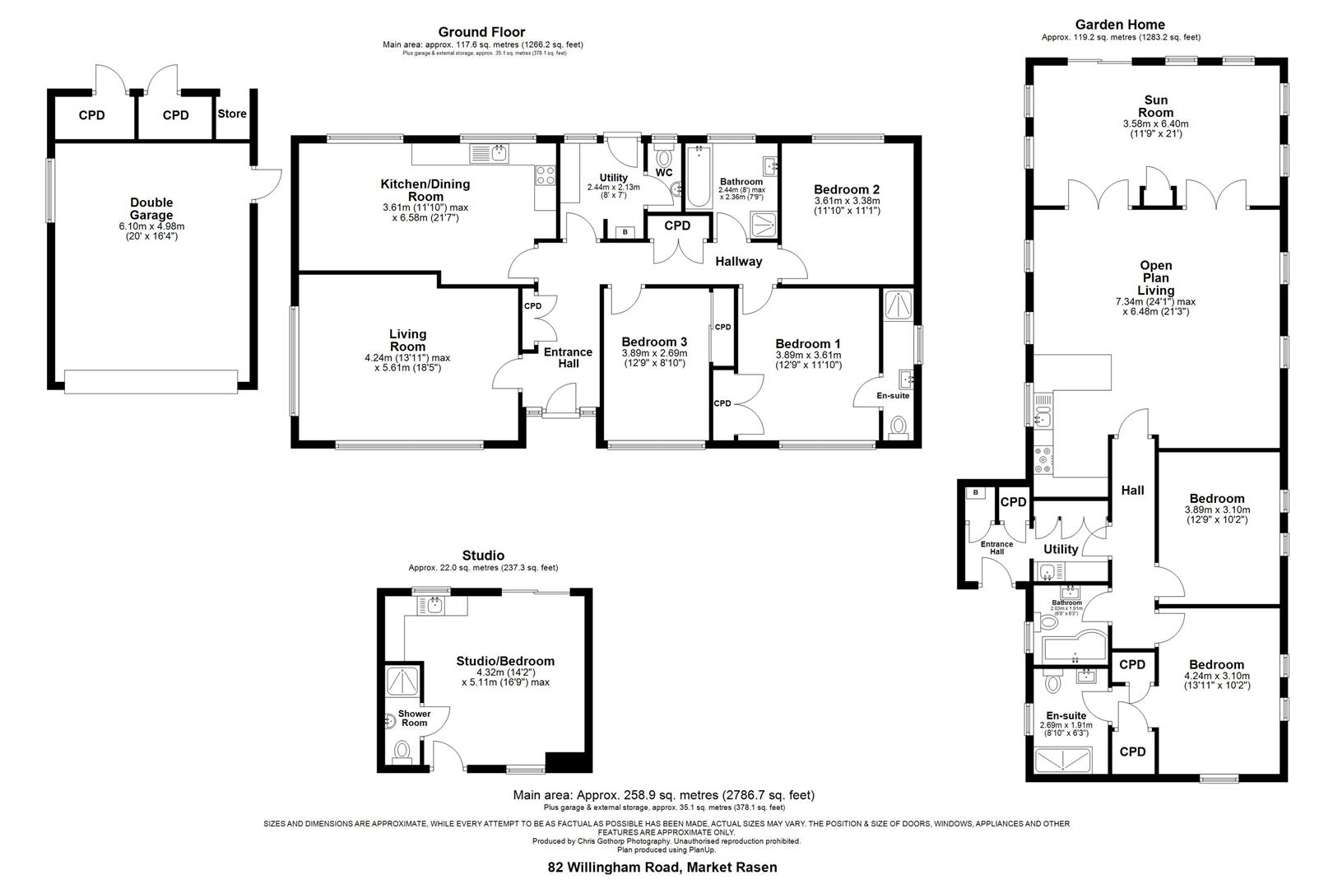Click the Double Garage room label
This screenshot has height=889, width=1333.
tap(151, 209)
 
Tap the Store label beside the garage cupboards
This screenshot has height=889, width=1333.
tap(232, 114)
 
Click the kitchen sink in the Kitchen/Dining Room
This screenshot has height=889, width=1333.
tap(490, 152)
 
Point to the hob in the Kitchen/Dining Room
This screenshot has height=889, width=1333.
tap(546, 175)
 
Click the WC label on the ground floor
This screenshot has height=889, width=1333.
tap(664, 173)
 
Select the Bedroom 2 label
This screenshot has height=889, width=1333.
tap(847, 189)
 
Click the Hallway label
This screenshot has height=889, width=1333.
tap(738, 262)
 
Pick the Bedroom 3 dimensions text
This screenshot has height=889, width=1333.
tap(654, 358)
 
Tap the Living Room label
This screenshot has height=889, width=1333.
tap(407, 340)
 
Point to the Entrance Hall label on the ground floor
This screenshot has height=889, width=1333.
tap(568, 357)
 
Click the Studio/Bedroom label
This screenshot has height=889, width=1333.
tap(505, 661)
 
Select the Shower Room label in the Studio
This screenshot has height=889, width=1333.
tap(415, 718)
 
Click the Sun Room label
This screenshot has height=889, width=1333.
tap(1155, 106)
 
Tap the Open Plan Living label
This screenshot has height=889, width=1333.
tap(1155, 277)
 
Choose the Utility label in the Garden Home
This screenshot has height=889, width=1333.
tap(1060, 549)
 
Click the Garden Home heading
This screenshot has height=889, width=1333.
tap(1120, 25)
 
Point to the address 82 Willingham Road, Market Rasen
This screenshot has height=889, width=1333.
tap(662, 867)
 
